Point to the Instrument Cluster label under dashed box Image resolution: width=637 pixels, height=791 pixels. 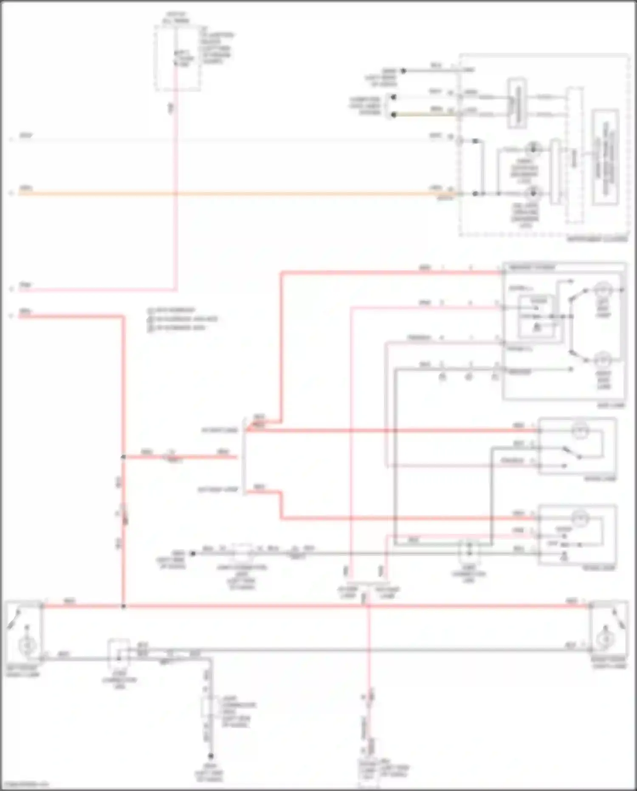tap(597, 239)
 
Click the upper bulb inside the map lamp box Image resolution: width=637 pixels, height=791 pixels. tap(602, 290)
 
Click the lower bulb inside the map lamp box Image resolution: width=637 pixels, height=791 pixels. tap(602, 361)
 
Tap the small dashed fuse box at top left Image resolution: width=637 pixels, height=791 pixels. tap(177, 58)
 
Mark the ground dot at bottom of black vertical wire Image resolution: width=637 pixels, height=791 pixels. tap(210, 756)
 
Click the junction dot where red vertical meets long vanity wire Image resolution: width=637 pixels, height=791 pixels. tap(124, 606)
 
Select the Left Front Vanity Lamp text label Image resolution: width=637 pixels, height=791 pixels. tap(23, 671)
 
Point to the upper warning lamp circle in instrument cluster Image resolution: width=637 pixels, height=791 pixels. tap(532, 149)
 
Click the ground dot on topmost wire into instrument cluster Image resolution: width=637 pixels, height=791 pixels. tap(403, 71)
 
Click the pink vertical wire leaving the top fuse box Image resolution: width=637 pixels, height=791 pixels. tap(175, 170)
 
